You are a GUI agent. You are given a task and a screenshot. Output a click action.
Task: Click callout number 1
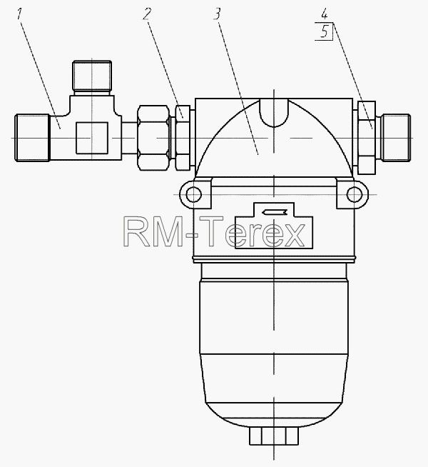coord(20,14)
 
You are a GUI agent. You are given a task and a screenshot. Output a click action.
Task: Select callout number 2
coord(147,14)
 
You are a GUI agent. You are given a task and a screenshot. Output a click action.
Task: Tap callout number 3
coord(218,14)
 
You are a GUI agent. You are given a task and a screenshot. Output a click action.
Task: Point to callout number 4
coord(324,14)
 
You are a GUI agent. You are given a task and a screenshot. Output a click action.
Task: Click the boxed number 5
coord(324,31)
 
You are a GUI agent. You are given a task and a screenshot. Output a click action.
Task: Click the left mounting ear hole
coord(193,194)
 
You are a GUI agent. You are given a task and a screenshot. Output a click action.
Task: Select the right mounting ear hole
coord(355,194)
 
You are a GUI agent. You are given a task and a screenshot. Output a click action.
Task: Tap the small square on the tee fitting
coord(91,138)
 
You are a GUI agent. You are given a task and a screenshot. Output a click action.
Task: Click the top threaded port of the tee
coord(92,76)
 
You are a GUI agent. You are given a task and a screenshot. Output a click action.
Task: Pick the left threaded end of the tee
coord(32,138)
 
